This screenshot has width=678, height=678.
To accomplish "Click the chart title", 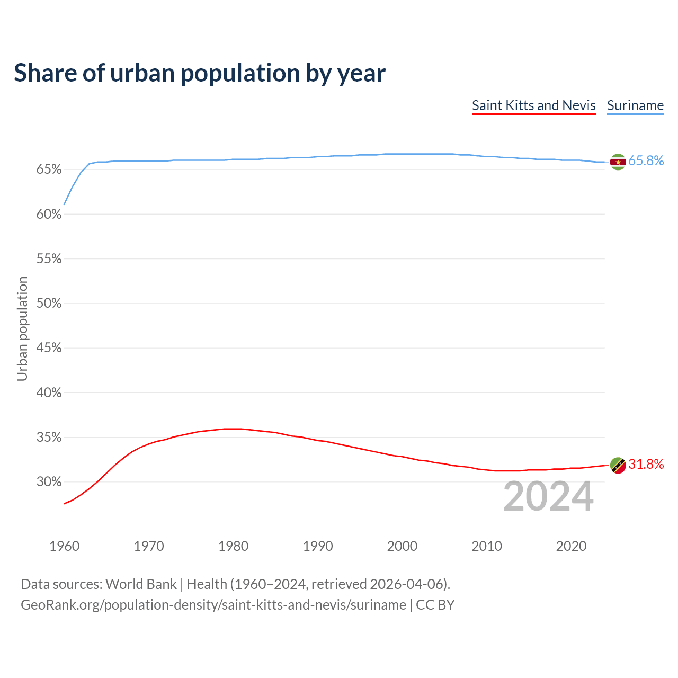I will click(200, 73).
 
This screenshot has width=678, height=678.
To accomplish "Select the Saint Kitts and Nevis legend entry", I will click(533, 105).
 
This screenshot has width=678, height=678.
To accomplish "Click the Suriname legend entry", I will click(635, 105).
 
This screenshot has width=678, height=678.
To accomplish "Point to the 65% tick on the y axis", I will click(49, 169).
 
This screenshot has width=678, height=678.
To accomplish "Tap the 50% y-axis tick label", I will click(49, 304).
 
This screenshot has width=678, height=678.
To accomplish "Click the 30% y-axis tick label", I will click(49, 482).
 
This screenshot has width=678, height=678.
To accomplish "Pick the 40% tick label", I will click(49, 393).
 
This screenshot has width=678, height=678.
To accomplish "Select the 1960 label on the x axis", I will click(64, 546).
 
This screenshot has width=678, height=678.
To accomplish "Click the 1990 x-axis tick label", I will click(318, 546).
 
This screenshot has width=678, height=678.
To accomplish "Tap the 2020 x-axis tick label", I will click(571, 546).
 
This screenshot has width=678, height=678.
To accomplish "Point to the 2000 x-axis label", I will click(402, 546).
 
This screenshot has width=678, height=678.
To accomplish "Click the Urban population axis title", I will click(22, 328).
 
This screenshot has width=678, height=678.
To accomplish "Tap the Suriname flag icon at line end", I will click(618, 162).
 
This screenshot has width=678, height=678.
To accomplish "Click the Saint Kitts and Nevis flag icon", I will click(618, 465).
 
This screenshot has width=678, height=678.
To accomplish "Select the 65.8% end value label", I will click(646, 161).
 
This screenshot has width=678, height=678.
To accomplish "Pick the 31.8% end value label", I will click(646, 465).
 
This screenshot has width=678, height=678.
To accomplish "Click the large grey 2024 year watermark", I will click(548, 496).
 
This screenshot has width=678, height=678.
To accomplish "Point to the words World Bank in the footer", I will click(141, 584).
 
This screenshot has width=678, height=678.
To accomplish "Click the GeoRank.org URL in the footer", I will click(213, 605).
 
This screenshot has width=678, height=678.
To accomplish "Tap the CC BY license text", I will click(435, 605).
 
